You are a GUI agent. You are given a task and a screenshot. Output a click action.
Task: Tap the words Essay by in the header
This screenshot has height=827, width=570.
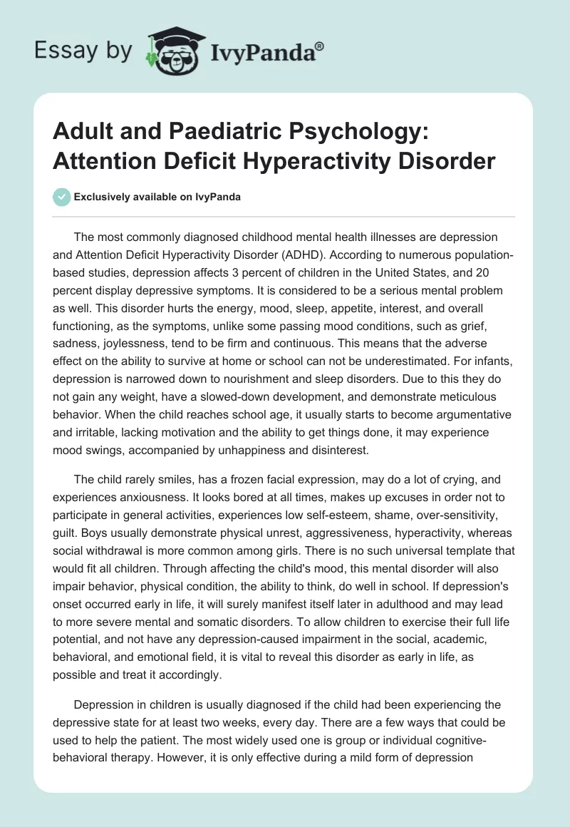click(x=83, y=51)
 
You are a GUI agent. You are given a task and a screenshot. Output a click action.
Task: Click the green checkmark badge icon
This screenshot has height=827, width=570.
click(x=62, y=197)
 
